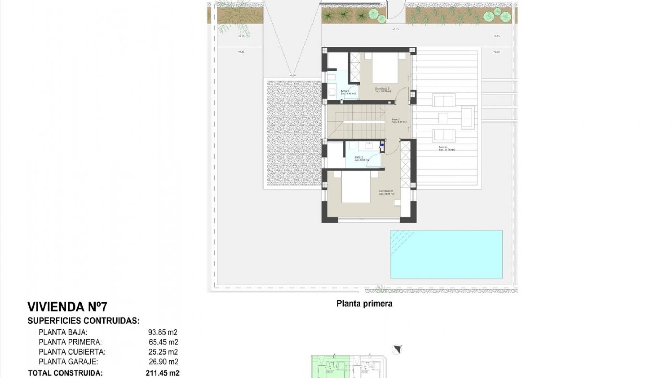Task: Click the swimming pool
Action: [446, 254]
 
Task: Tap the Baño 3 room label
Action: [348, 92]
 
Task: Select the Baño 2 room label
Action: [362, 159]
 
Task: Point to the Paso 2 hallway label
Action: [399, 121]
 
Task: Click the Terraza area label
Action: [447, 148]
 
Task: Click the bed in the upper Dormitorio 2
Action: [385, 68]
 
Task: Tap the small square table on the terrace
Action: [443, 118]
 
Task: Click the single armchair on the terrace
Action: [467, 117]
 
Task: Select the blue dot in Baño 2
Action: [382, 144]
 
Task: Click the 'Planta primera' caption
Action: [364, 303]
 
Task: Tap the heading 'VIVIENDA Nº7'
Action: [68, 307]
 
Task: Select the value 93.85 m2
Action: [163, 332]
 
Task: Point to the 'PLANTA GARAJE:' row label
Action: [68, 362]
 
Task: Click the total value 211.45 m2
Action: [162, 373]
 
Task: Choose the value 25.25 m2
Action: [163, 352]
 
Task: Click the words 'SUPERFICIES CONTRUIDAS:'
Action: [84, 321]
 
